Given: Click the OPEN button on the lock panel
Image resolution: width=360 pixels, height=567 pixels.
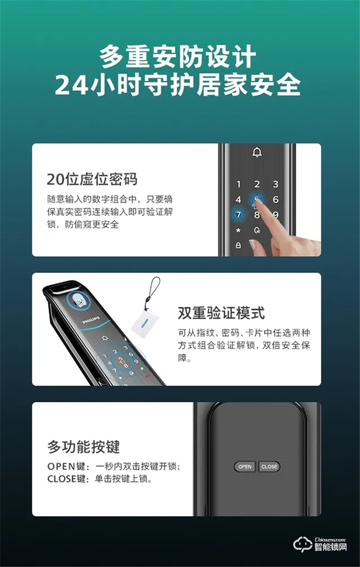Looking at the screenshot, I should [245, 466].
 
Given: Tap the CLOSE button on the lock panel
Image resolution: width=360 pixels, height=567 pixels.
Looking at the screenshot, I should [269, 466].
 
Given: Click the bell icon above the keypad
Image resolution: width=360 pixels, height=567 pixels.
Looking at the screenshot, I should [257, 153].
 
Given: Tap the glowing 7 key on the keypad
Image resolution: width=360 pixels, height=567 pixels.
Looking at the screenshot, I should [238, 215].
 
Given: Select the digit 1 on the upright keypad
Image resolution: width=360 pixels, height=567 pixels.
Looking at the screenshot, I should [238, 185].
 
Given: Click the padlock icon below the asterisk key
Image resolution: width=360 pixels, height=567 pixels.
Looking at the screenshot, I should [238, 245].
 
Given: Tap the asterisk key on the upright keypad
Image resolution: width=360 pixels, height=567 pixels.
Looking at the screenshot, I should [238, 230].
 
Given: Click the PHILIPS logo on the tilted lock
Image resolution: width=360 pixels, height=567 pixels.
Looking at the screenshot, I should [91, 322].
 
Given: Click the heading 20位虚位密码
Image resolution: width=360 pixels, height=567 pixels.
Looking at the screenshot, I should [92, 179].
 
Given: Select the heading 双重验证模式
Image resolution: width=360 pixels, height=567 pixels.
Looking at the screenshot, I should [221, 313].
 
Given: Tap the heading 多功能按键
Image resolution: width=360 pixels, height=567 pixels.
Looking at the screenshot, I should [83, 447].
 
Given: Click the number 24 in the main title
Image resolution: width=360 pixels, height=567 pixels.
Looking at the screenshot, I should [71, 86].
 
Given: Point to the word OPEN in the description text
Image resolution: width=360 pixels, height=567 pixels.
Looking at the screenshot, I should [60, 467].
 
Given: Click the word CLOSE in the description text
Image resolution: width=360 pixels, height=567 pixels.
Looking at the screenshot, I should [62, 479].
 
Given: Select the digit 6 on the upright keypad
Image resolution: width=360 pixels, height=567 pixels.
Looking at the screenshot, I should [275, 200].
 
